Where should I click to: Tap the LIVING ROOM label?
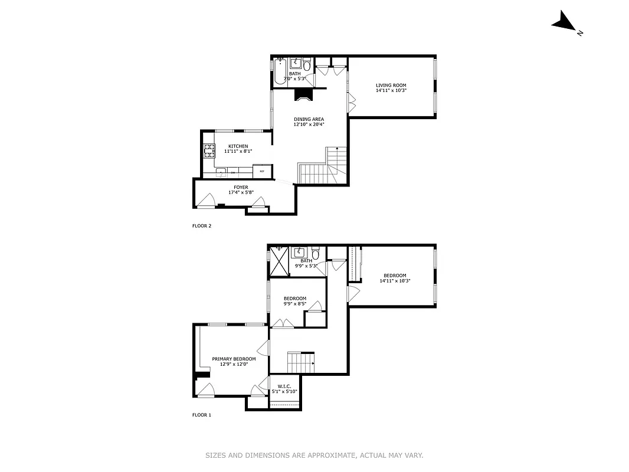pos(391,86)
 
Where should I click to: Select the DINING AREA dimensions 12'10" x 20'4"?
pos(309,124)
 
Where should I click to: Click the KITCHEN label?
pos(238,146)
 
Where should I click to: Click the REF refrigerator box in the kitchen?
pos(261,171)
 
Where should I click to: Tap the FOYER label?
pos(240,187)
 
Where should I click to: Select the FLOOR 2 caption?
pos(202,225)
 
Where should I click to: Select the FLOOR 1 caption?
pos(202,415)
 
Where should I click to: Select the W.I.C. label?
pos(284,386)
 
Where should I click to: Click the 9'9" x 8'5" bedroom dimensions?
pos(295,304)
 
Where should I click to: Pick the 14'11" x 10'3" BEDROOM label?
pos(394,276)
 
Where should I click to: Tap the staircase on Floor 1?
pos(300,360)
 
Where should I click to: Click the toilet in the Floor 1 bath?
pos(316,255)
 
